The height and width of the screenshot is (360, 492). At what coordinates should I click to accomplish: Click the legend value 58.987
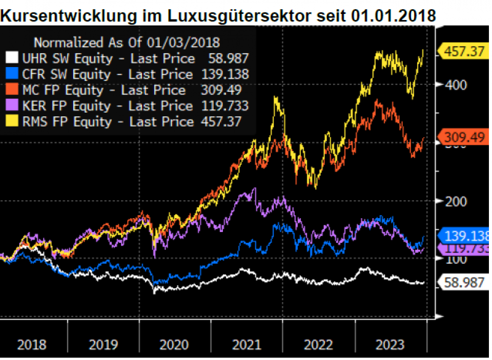coord(228,58)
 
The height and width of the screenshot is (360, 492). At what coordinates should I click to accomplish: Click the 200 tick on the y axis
coord(449,201)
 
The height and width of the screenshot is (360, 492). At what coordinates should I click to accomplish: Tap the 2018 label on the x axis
coord(31,344)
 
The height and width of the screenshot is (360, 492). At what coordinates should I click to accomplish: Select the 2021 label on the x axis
coord(246,344)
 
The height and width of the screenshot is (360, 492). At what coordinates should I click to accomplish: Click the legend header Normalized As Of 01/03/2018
coord(127,43)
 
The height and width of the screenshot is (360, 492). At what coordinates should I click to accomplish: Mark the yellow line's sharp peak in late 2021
coord(277,97)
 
